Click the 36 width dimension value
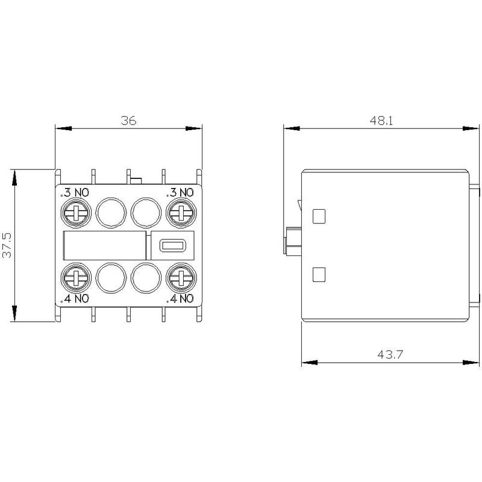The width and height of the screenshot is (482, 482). (128, 120)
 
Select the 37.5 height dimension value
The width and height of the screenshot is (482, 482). (7, 245)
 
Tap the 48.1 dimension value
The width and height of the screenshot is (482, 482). (381, 120)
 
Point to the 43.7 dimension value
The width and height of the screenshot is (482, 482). (390, 354)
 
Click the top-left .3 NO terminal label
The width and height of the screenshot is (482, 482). (75, 193)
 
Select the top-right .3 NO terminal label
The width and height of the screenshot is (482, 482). (180, 193)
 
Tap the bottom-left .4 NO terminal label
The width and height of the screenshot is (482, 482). (75, 298)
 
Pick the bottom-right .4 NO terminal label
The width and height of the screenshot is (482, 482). (180, 298)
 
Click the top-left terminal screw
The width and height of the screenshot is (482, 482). (76, 213)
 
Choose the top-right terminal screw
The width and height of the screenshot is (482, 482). (181, 213)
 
